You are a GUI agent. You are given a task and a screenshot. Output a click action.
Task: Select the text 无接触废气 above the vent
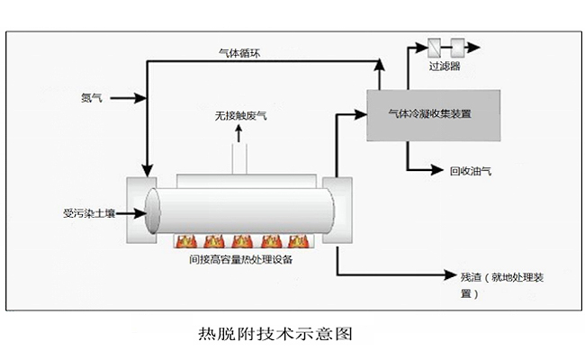point(240,116)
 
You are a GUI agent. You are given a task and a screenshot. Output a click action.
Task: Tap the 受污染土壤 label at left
point(82,214)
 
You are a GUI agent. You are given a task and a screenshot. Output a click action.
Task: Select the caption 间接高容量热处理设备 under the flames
point(240,260)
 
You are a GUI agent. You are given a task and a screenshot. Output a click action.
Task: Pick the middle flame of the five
point(241,240)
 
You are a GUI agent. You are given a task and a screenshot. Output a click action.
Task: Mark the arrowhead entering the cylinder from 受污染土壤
point(141,214)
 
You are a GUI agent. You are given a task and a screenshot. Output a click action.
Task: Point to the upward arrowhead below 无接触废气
point(239,130)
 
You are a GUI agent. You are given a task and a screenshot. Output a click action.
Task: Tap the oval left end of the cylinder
point(152,214)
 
